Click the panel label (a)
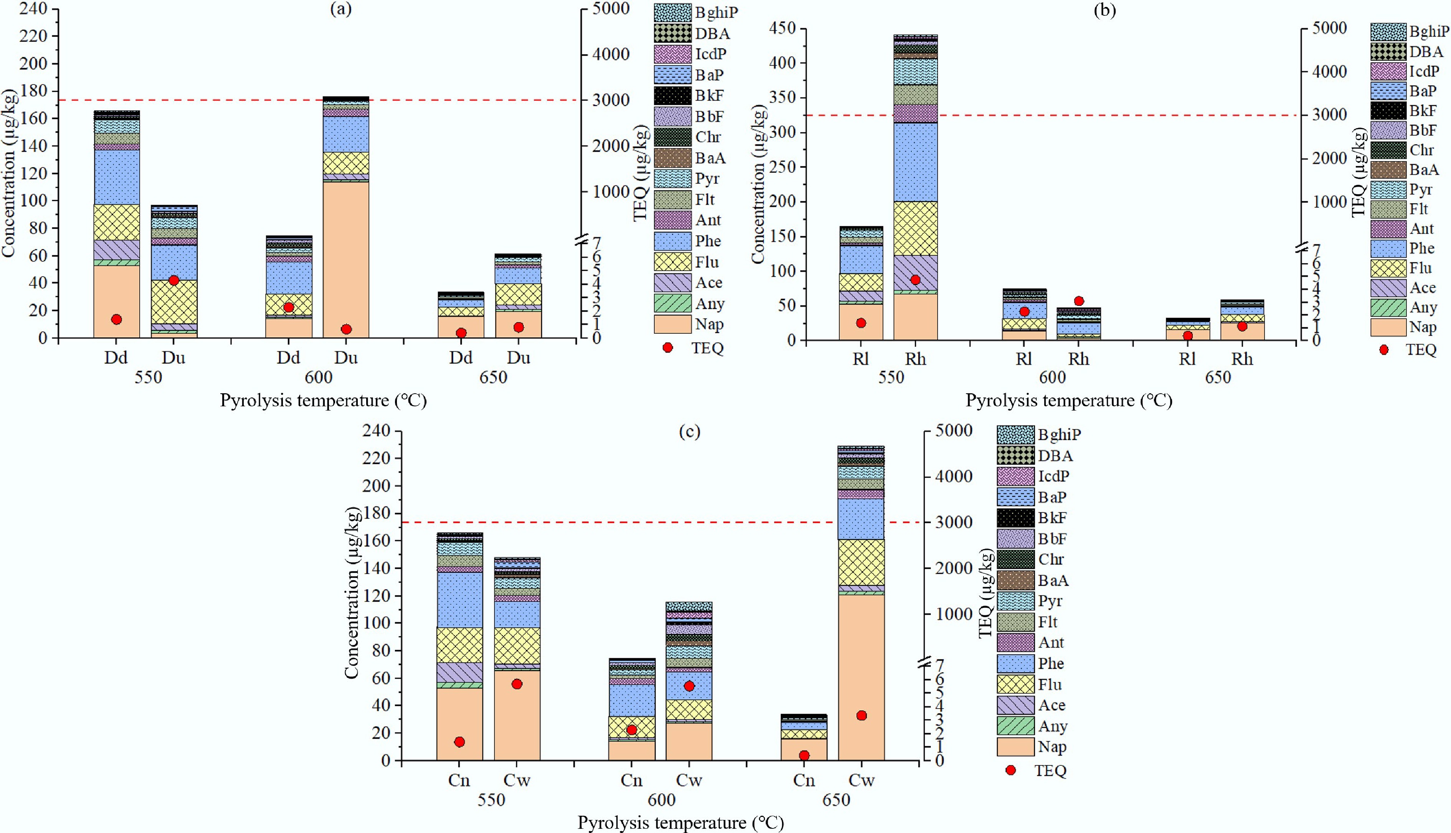[x=341, y=9]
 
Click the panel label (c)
[x=689, y=431]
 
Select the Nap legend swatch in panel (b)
[x=1388, y=327]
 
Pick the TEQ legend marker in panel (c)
[x=1011, y=770]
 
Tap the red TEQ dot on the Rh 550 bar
[x=915, y=280]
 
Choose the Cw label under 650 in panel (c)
[x=861, y=780]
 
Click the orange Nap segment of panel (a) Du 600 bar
[x=346, y=257]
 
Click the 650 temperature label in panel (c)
[x=836, y=800]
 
